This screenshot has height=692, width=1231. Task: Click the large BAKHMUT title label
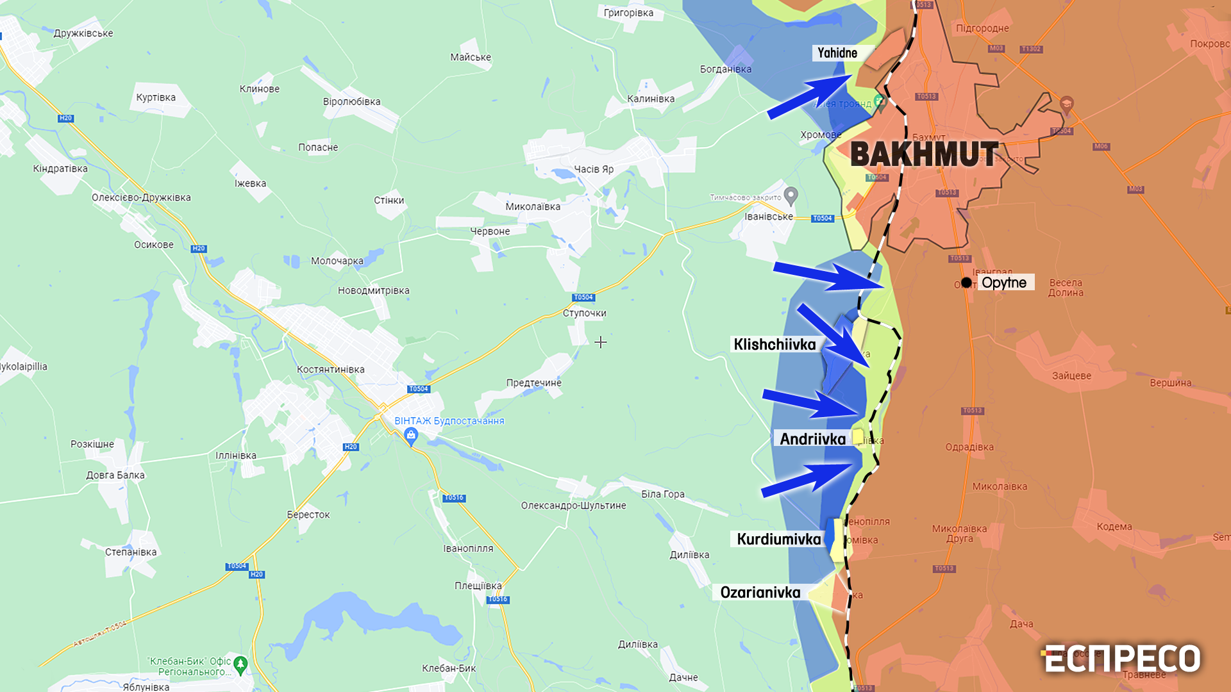(x=924, y=154)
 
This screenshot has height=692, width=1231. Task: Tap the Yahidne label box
(x=837, y=53)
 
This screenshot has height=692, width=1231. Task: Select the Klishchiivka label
(x=775, y=345)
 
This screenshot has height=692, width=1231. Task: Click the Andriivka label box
(x=812, y=439)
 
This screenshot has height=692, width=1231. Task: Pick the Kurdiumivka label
(x=778, y=540)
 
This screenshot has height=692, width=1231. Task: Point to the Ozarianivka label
(x=760, y=593)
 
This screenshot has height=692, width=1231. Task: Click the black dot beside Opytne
(x=966, y=283)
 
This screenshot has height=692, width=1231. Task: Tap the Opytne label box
(x=1004, y=283)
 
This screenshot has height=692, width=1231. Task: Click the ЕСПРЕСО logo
(x=1122, y=659)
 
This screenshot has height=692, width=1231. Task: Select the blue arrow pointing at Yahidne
(x=809, y=97)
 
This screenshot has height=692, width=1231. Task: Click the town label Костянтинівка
(x=330, y=370)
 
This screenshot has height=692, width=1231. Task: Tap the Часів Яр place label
(x=593, y=169)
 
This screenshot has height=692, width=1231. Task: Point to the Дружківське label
(x=83, y=33)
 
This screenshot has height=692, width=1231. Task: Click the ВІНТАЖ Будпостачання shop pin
(x=411, y=436)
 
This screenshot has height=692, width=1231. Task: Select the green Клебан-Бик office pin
(x=240, y=664)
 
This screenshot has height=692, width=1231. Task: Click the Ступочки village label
(x=584, y=313)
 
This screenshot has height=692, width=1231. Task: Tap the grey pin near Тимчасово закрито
(x=791, y=195)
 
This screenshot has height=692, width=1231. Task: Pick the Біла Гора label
(x=663, y=494)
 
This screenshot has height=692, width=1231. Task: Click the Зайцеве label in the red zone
(x=1071, y=376)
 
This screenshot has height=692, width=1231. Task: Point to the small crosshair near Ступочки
(x=600, y=342)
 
